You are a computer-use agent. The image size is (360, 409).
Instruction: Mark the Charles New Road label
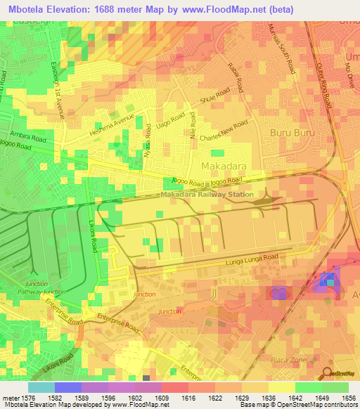224,131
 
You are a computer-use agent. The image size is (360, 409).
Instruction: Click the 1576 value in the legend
22,398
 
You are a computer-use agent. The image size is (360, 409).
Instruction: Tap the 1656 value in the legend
349,398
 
